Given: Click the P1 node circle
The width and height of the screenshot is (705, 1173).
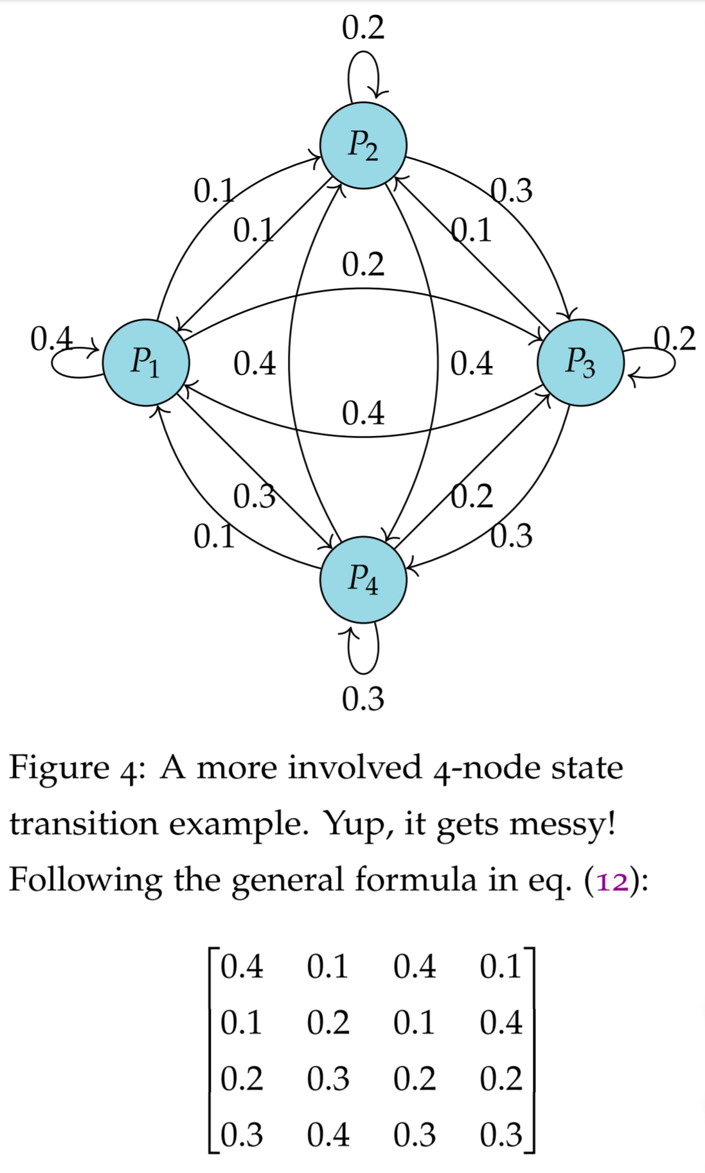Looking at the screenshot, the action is [x=146, y=362].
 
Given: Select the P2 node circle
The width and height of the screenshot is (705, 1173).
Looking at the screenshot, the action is [x=363, y=145].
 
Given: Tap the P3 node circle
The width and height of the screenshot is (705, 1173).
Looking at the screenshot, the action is [x=580, y=362].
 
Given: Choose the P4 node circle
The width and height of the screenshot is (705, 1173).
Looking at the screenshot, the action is [x=363, y=579].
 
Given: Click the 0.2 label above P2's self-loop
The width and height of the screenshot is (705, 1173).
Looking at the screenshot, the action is [x=363, y=28].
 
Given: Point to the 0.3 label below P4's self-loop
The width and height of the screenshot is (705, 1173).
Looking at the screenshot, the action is [x=363, y=699].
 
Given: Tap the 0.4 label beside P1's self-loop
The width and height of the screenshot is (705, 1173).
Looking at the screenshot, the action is [x=51, y=338].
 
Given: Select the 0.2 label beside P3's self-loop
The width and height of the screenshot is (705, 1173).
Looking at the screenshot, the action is [x=675, y=338].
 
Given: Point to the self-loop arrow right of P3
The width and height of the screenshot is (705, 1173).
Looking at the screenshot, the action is [x=674, y=363].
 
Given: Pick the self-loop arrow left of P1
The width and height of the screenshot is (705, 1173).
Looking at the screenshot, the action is [x=53, y=363].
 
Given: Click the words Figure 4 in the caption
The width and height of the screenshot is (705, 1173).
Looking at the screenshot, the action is [x=71, y=768].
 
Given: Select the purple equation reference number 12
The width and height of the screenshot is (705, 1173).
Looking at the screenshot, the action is [x=612, y=881].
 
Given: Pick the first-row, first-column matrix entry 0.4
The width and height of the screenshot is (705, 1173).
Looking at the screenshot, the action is [x=242, y=967].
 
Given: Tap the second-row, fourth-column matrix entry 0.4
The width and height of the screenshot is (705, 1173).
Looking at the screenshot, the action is [x=501, y=1023].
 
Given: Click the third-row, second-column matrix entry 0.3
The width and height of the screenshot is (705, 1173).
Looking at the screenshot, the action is [x=328, y=1079].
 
